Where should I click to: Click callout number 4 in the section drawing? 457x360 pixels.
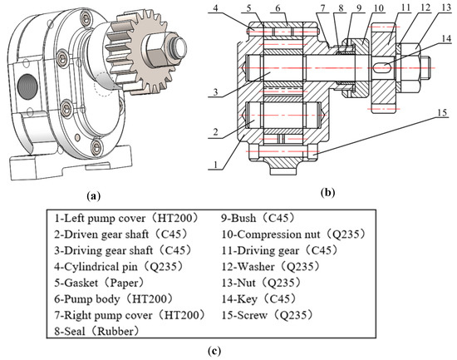[x=215, y=7]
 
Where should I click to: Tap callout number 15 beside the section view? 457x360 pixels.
[x=442, y=112]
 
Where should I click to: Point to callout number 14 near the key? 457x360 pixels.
[x=446, y=39]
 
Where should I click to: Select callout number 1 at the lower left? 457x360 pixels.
[x=216, y=165]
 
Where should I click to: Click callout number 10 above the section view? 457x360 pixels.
[x=379, y=7]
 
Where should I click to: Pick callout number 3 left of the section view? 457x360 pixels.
[x=215, y=92]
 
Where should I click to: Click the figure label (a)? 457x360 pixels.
[x=94, y=195]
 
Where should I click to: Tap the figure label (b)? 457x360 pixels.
[x=327, y=193]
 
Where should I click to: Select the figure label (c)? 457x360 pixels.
[x=214, y=350]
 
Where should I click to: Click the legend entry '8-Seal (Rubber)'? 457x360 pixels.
[x=96, y=332]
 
